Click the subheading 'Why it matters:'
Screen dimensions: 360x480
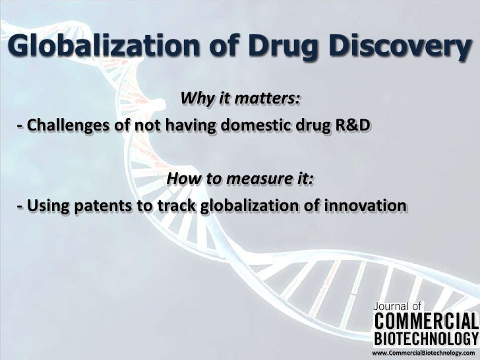coord(241,99)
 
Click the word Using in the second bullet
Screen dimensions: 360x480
coord(44,206)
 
